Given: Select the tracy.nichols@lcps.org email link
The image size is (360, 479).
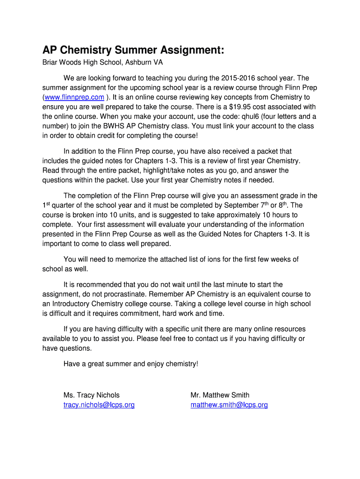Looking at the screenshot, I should (99, 405).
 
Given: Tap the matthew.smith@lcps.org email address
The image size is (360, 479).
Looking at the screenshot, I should (229, 405).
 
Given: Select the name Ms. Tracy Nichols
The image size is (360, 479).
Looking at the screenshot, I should (92, 395).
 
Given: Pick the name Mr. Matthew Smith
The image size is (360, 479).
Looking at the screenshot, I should (220, 395).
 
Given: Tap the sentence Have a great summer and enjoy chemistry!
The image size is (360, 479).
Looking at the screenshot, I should (131, 364).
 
